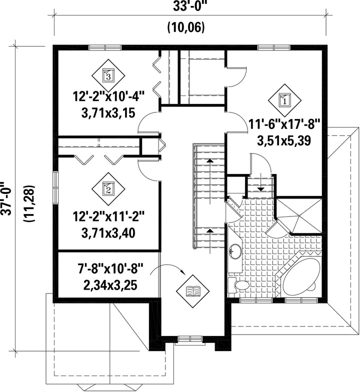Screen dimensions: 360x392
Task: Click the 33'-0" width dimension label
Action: tap(186, 7)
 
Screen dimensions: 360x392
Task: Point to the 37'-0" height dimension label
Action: tap(6, 198)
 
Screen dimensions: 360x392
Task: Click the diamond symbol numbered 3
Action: tap(108, 75)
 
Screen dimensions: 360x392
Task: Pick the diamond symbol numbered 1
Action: tap(284, 100)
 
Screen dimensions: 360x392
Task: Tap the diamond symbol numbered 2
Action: tap(108, 189)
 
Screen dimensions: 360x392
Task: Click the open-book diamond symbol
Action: tap(193, 291)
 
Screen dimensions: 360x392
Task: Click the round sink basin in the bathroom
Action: tap(235, 251)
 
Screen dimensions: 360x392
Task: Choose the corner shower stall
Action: tap(299, 216)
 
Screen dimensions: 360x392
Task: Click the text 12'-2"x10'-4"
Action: tap(109, 96)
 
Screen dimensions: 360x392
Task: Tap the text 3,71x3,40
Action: tap(108, 233)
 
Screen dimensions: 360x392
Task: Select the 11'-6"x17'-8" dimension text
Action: tap(284, 124)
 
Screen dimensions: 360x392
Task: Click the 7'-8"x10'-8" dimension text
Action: tap(109, 270)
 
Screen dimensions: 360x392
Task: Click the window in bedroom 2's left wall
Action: tap(55, 187)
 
